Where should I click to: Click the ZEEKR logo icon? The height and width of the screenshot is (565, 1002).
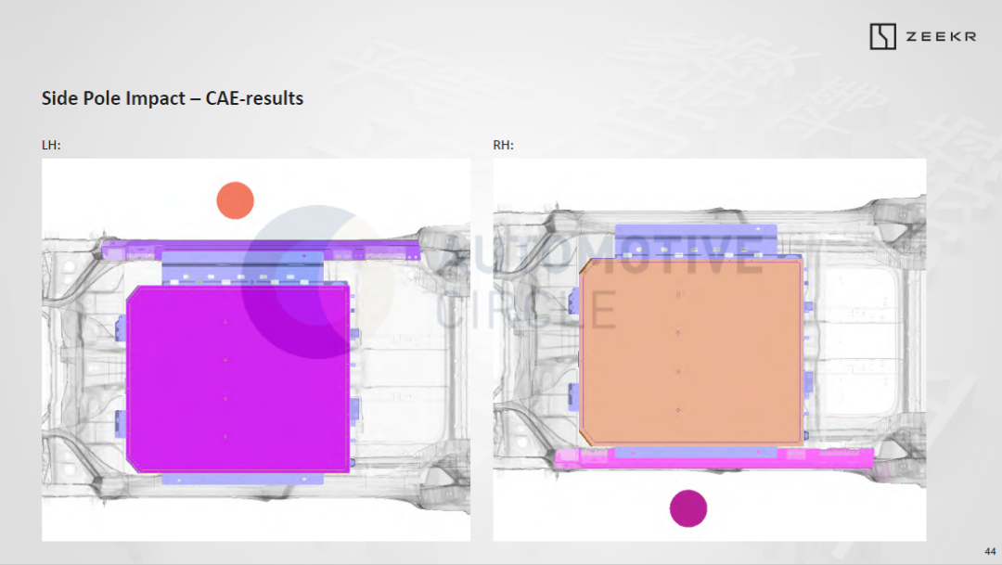(x=882, y=36)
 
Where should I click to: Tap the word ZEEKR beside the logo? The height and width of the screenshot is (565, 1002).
(x=941, y=37)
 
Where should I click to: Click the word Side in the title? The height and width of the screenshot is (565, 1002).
(x=58, y=97)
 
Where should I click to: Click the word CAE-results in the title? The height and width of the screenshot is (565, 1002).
(x=254, y=97)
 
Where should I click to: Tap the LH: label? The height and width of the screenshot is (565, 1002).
(x=51, y=145)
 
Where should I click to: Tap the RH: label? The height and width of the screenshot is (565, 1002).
(x=504, y=145)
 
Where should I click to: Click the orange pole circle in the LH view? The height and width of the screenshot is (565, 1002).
(x=235, y=200)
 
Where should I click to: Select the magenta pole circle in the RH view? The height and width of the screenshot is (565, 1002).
(x=688, y=508)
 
